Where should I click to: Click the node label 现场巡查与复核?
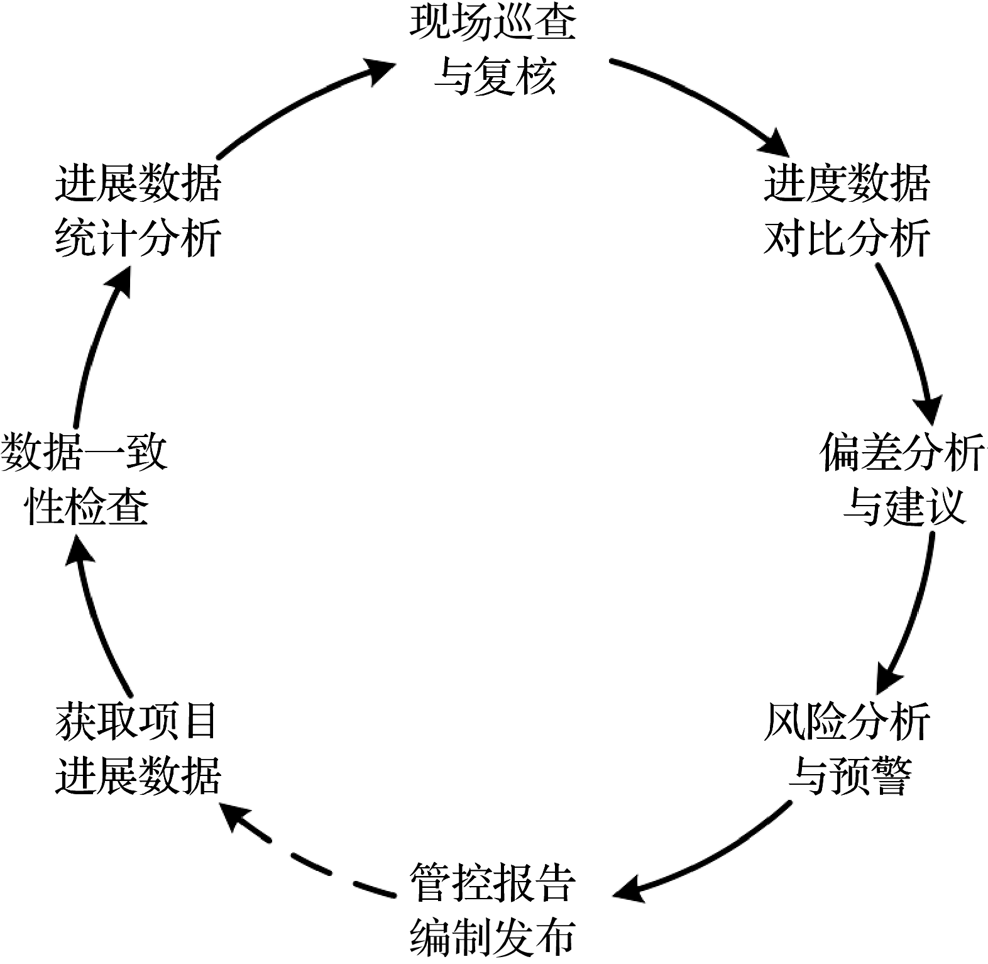493,50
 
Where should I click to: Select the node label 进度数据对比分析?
847,211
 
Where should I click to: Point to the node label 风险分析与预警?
847,748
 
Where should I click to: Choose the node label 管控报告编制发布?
493,909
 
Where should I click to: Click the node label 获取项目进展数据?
137,748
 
